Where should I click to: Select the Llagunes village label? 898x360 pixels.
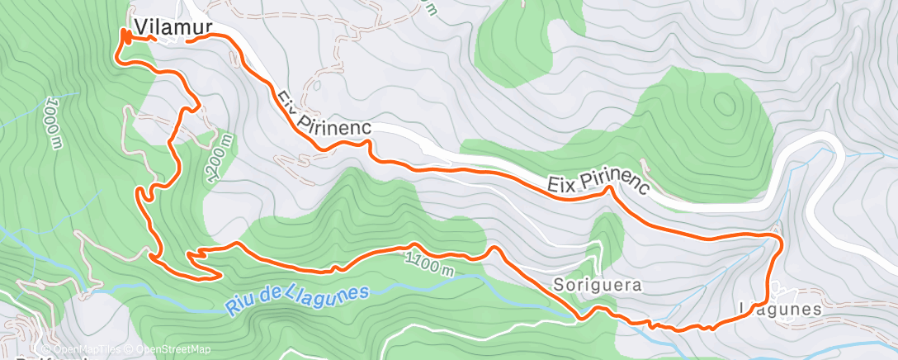click(781, 309)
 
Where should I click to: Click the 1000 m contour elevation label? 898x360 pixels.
click(53, 124)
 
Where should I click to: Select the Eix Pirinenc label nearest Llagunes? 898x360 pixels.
click(599, 182)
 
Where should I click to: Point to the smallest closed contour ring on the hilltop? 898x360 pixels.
click(725, 104)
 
